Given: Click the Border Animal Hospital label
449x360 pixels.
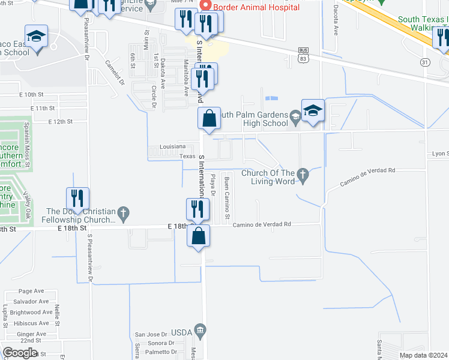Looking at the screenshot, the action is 257,8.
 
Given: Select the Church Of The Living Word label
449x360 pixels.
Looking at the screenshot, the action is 270,173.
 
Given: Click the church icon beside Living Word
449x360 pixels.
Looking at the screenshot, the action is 303,174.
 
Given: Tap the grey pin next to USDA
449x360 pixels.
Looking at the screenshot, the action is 200,330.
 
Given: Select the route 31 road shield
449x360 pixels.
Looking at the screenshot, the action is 425,62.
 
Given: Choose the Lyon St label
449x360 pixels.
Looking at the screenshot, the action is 440,154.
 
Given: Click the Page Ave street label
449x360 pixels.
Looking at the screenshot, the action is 31,290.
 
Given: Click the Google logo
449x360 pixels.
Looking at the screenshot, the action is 20,353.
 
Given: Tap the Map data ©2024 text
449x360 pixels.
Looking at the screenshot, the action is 423,355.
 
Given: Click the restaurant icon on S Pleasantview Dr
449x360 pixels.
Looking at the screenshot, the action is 78,199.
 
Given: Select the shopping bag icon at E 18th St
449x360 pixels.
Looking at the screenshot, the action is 199,236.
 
